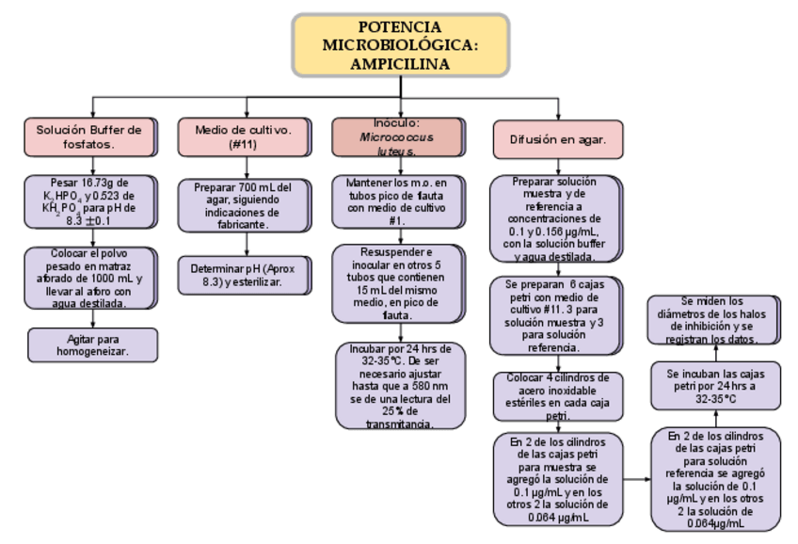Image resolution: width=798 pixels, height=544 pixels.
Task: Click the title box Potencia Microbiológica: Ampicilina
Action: [400, 45]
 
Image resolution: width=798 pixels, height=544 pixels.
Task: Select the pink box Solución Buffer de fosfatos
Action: [90, 137]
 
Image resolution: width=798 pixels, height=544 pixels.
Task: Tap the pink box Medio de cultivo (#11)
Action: [242, 137]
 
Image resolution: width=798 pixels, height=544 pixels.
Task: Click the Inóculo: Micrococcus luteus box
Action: [396, 136]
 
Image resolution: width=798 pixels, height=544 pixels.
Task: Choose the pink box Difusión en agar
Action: [557, 138]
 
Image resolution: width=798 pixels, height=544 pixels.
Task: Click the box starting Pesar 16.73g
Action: [91, 200]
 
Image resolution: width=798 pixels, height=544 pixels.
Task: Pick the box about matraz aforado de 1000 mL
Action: [91, 278]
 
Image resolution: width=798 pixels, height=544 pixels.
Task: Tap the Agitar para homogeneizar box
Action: [92, 344]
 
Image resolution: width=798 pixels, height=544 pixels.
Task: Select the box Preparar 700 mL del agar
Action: [243, 205]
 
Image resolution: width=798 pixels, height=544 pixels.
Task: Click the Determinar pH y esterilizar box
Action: [243, 275]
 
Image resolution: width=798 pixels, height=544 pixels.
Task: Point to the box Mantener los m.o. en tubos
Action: [396, 200]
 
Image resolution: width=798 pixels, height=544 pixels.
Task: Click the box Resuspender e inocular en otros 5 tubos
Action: [396, 283]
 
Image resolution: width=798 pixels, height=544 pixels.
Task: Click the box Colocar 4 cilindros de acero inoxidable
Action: [557, 396]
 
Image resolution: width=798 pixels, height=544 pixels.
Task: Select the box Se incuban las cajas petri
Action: [715, 386]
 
